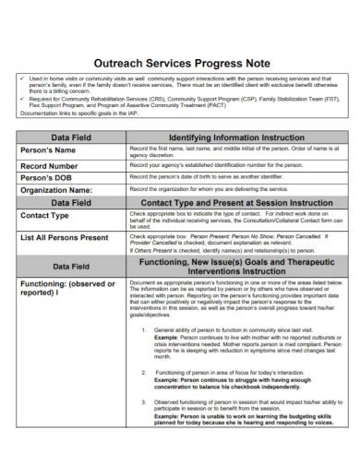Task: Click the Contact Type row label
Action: (45, 215)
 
